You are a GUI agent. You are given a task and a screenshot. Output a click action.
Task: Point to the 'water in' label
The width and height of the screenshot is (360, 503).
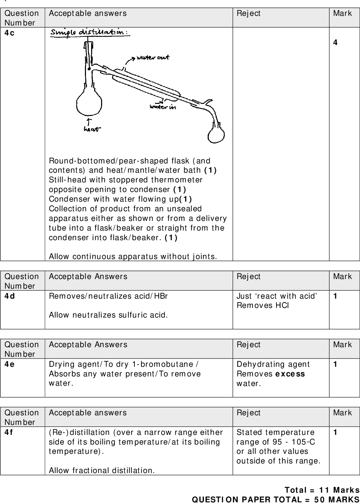(163, 107)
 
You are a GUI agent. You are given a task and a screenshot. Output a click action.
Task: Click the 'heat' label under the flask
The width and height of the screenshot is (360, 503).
(92, 129)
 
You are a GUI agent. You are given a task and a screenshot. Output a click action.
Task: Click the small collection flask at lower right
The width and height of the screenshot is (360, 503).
(217, 135)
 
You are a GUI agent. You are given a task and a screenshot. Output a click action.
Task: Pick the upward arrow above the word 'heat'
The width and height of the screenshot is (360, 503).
(89, 121)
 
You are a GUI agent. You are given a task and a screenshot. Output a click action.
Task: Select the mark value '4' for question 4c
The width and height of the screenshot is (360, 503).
(335, 43)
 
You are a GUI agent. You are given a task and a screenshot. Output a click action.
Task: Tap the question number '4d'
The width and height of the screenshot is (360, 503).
(10, 296)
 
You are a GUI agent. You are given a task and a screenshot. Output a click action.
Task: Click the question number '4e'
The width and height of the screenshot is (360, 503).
(10, 364)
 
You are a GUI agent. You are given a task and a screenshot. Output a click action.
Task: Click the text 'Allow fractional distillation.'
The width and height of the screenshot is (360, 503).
(102, 470)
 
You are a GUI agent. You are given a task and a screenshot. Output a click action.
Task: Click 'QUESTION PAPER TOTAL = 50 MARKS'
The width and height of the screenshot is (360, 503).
(275, 499)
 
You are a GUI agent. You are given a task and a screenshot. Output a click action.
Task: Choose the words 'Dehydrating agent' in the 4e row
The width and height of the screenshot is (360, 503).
(273, 364)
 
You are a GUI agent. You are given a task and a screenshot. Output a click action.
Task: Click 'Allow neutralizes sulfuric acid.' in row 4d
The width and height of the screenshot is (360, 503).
(108, 315)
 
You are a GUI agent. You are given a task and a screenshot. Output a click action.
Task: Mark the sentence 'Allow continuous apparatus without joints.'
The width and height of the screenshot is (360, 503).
(133, 256)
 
